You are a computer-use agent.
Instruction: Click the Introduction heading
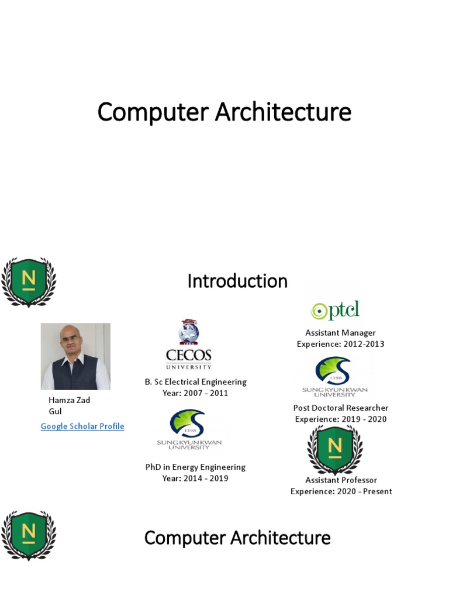point(237,281)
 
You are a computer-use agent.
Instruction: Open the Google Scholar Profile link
point(82,426)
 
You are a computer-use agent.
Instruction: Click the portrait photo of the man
point(75,356)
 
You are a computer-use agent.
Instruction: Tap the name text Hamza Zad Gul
point(69,406)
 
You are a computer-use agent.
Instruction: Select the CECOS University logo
point(188,345)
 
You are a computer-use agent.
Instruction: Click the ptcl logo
point(335,310)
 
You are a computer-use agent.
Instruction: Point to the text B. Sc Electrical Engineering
point(195,382)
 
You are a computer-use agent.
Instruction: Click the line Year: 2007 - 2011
point(195,393)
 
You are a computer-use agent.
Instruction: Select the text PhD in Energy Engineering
point(195,467)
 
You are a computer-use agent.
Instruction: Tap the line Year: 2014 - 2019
point(195,478)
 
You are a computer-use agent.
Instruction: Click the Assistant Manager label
point(340,333)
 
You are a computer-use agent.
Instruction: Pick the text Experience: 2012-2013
point(340,344)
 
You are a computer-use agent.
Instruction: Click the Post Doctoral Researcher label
point(340,408)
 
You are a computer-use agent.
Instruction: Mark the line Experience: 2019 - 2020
point(340,419)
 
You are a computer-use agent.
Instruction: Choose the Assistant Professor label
point(341,480)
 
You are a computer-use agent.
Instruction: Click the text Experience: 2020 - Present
point(341,491)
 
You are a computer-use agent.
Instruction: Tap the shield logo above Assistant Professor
point(335,449)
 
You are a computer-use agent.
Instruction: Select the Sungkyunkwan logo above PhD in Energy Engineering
point(188,429)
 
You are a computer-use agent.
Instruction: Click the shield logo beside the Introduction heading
point(28,282)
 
